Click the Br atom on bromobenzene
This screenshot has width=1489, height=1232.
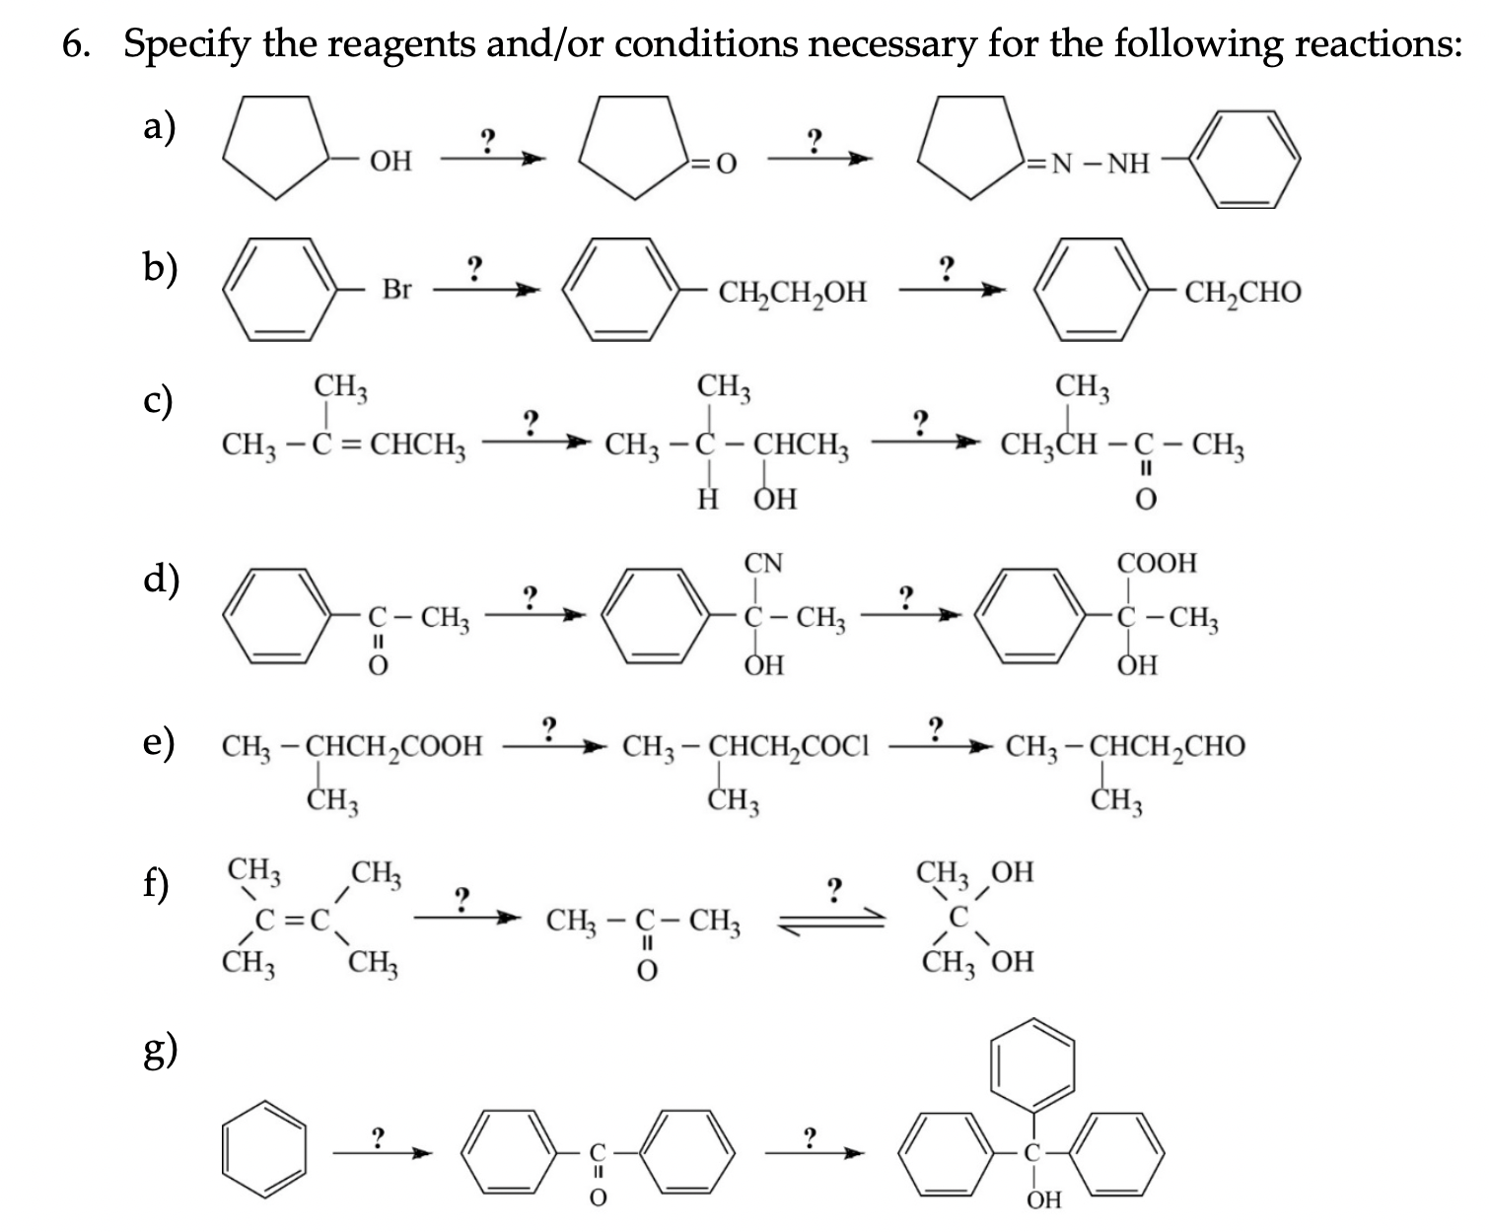coord(396,290)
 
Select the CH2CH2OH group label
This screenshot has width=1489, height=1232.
coord(793,292)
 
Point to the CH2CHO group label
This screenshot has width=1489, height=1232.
coord(1242,292)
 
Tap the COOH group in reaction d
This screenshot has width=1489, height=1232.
coord(1157,564)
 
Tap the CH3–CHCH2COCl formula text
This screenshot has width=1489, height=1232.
coord(745,746)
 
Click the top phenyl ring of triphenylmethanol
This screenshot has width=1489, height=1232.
coord(1033,1064)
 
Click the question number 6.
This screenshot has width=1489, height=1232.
coord(75,45)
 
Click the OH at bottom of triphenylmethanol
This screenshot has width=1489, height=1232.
coord(1043,1199)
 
